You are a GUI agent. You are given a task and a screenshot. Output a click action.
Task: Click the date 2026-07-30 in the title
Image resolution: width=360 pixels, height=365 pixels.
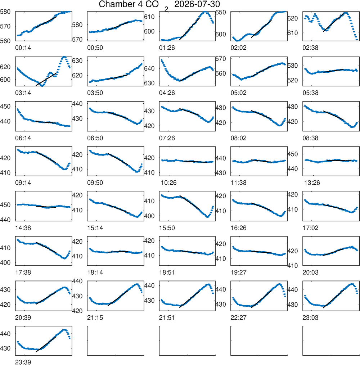click(x=197, y=4)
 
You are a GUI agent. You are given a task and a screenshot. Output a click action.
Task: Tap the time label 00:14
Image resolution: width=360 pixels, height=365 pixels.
click(x=23, y=48)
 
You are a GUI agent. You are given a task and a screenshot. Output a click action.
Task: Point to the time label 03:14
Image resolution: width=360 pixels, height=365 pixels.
click(x=23, y=93)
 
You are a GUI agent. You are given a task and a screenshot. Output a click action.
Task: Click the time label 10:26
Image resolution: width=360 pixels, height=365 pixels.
click(x=168, y=183)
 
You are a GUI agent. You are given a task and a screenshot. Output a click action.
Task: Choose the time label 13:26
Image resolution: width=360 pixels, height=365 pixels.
click(x=312, y=183)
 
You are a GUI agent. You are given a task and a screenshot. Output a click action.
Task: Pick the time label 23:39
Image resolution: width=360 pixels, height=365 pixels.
click(x=23, y=362)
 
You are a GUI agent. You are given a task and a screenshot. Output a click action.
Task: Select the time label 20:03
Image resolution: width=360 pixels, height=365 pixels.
click(x=310, y=272)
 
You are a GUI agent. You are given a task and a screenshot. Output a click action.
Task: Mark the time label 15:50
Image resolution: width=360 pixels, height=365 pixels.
click(x=167, y=228)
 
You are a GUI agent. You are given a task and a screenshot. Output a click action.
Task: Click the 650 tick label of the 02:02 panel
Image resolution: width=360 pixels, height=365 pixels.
click(x=221, y=12)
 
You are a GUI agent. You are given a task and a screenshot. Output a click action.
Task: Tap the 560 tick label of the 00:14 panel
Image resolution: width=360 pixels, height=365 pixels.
click(x=5, y=41)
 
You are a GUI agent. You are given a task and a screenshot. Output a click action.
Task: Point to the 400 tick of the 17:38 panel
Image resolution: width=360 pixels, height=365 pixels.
click(x=5, y=262)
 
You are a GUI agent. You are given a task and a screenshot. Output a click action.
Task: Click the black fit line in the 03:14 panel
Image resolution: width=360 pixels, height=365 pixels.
click(x=46, y=80)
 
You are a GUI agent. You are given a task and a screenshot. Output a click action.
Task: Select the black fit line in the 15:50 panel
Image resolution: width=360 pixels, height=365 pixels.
click(x=190, y=202)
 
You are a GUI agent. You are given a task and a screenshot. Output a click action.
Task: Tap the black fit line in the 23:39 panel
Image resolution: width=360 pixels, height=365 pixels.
click(x=46, y=344)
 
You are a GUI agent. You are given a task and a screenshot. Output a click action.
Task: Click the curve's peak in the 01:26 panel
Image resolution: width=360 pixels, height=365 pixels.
click(x=204, y=12)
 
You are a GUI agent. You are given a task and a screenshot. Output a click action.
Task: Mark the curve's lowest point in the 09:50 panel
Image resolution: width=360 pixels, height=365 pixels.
click(x=137, y=172)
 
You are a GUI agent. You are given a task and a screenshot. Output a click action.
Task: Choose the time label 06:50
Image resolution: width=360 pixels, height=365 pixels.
click(x=95, y=138)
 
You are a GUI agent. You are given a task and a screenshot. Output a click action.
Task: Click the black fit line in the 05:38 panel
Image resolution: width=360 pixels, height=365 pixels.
click(x=333, y=71)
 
